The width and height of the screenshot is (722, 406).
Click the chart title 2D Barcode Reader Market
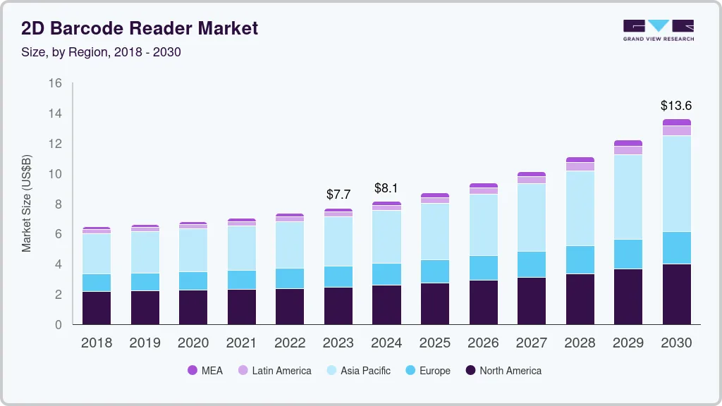click(x=140, y=28)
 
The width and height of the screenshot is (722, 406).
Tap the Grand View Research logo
click(x=658, y=30)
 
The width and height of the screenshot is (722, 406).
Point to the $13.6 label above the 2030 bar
click(x=676, y=106)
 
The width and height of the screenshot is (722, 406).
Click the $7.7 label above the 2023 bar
click(x=338, y=194)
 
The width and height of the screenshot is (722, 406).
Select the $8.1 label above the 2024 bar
click(x=386, y=188)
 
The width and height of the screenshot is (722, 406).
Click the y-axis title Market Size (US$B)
click(x=27, y=204)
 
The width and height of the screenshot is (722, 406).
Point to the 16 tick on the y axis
click(x=55, y=83)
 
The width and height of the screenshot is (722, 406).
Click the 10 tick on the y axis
click(x=55, y=174)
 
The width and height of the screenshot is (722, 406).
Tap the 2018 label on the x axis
click(x=96, y=343)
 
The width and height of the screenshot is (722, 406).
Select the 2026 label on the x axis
click(x=483, y=343)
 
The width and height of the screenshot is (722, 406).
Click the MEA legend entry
click(x=205, y=370)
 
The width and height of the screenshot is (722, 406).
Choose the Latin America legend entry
click(x=274, y=370)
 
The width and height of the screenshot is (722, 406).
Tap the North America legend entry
click(x=503, y=370)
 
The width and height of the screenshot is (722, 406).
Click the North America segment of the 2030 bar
click(x=676, y=294)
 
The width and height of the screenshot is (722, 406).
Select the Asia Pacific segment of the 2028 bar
click(x=580, y=208)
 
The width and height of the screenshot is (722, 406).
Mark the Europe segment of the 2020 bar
click(x=192, y=281)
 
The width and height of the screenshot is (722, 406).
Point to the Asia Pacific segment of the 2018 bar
click(x=96, y=253)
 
